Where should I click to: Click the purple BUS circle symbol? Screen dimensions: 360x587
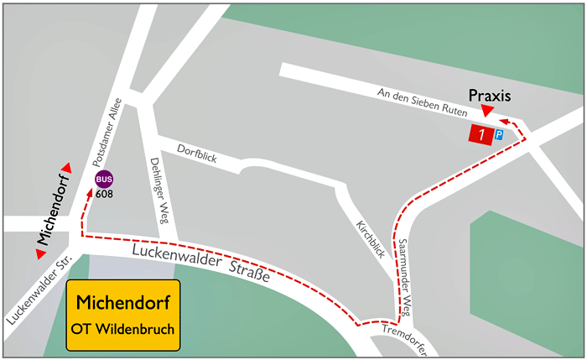[105, 178]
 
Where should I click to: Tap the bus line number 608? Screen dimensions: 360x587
[105, 194]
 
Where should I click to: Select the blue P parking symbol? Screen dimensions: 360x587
[498, 134]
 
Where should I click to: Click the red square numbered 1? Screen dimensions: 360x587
[480, 134]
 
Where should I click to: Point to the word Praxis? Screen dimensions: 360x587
[490, 96]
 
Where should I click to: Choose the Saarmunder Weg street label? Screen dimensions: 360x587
[406, 268]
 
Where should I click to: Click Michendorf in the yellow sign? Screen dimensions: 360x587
[122, 300]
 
